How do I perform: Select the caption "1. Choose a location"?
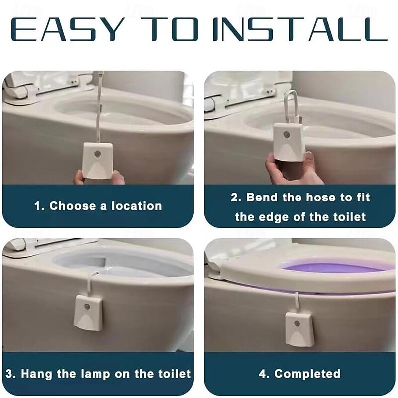(x=98, y=206)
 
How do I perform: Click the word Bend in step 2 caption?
(x=262, y=197)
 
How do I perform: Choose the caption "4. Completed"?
(x=300, y=373)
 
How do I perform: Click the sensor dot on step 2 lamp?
(x=287, y=135)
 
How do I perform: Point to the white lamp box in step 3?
(x=88, y=312)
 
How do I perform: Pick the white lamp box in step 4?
(x=300, y=329)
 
